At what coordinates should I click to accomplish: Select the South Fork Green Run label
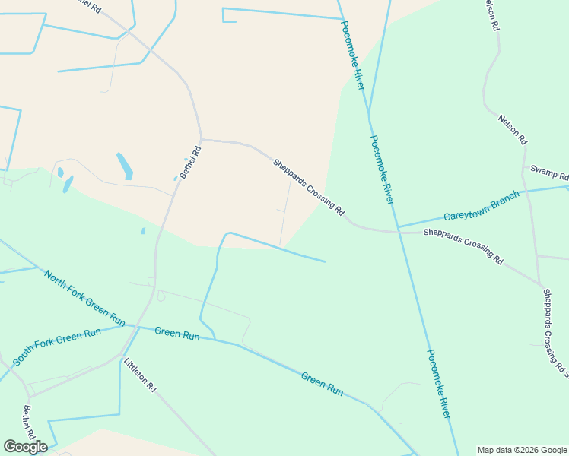[56, 345]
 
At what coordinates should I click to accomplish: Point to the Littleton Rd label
[140, 375]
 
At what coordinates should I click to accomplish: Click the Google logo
[25, 447]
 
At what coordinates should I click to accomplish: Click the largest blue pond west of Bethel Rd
[124, 166]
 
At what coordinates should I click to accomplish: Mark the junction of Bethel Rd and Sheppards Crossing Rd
[201, 139]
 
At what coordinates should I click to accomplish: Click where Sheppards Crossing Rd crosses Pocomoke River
[397, 230]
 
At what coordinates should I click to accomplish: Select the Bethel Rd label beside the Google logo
[30, 423]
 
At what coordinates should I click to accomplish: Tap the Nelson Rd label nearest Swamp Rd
[512, 129]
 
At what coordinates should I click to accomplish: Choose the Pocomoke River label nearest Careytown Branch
[382, 169]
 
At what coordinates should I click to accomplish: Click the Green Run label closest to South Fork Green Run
[176, 333]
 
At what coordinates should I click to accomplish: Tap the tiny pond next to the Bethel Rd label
[176, 179]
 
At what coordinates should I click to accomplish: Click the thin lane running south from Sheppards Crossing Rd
[285, 213]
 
